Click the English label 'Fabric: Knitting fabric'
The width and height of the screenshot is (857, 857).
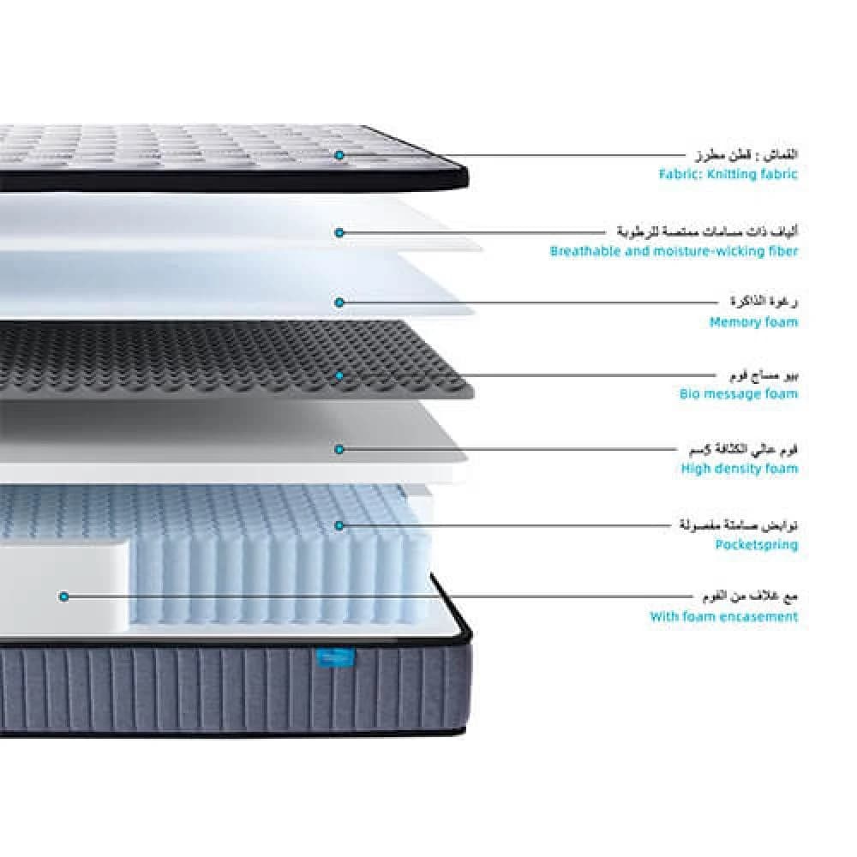728,174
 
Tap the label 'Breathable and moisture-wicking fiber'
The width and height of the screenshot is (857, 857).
674,251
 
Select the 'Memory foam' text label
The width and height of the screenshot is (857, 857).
753,322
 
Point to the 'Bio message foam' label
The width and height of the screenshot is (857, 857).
739,394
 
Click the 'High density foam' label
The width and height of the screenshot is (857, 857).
740,468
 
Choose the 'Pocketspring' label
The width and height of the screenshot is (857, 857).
757,544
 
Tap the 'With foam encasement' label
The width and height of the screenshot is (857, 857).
723,616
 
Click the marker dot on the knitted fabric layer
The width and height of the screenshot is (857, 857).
339,155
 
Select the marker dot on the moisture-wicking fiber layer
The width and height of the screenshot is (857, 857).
339,232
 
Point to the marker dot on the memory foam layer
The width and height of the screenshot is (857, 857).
339,303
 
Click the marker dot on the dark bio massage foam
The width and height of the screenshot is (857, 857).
339,375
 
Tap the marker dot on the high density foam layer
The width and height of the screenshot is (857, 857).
339,448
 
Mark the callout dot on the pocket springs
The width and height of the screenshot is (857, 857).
339,524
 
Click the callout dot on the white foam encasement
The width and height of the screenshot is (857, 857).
63,596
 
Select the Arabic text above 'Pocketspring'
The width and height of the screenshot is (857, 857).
734,524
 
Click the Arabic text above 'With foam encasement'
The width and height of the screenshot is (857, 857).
746,596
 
